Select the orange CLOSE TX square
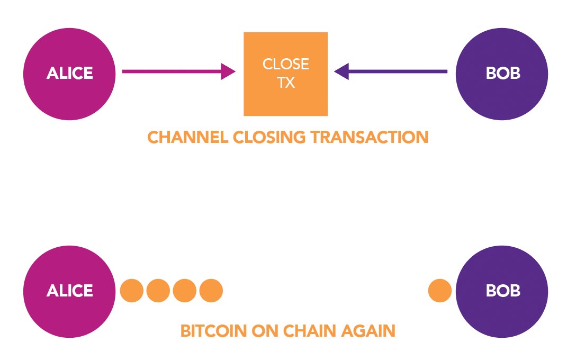285,74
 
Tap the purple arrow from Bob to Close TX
397,71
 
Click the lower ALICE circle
69,291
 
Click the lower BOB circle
502,291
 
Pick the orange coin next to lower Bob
439,291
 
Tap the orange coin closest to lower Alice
132,291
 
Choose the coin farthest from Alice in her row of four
211,291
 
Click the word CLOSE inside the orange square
285,65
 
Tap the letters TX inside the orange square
285,84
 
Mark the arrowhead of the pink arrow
228,71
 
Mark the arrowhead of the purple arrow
342,71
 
